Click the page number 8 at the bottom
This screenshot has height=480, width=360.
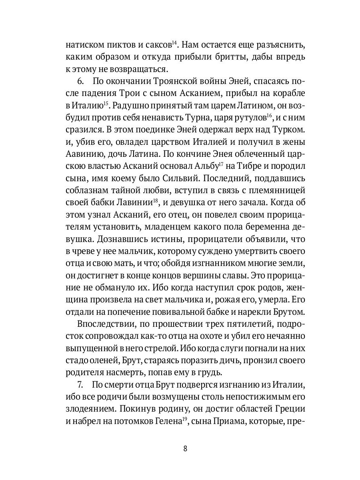(185, 448)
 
